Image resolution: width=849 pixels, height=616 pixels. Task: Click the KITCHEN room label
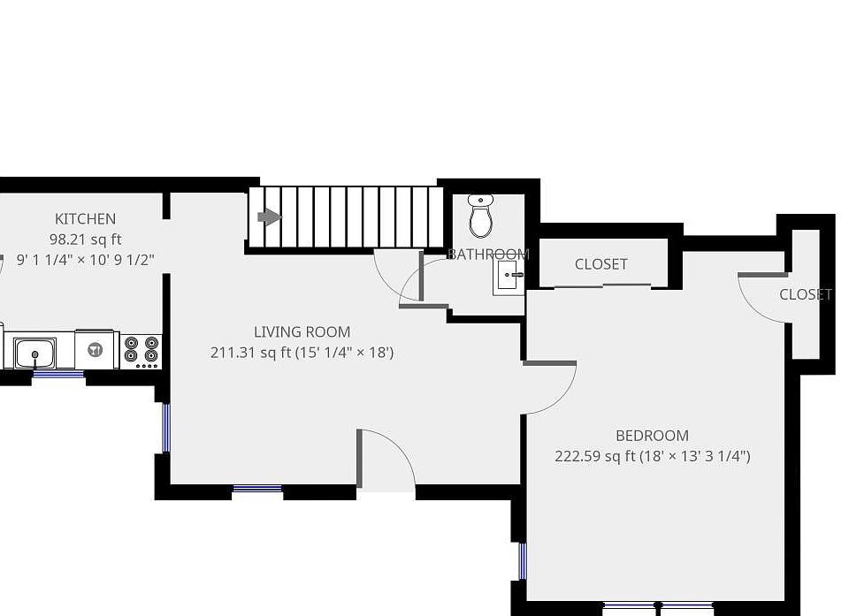(85, 219)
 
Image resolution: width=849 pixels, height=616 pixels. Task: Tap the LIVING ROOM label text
(302, 332)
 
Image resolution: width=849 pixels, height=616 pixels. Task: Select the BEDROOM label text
(652, 436)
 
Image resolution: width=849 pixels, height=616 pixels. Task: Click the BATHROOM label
(487, 255)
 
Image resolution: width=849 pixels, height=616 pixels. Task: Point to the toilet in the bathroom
(480, 216)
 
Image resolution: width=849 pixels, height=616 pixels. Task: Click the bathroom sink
(509, 276)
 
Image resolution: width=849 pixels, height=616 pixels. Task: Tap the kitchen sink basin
(34, 353)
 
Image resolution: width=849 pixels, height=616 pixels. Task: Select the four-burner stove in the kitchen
(141, 350)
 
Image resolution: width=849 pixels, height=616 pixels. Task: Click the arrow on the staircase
(269, 217)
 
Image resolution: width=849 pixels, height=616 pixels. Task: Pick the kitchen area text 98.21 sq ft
(85, 240)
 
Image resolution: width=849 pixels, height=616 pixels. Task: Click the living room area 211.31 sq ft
(243, 353)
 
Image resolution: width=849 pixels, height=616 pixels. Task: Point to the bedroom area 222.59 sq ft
(587, 456)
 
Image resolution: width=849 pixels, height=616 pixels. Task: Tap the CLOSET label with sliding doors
(600, 264)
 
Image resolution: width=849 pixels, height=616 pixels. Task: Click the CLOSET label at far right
(805, 295)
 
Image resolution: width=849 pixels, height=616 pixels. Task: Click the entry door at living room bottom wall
(386, 460)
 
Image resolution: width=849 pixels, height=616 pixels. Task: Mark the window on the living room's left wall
(165, 429)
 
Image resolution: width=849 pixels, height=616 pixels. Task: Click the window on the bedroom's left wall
(523, 561)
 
